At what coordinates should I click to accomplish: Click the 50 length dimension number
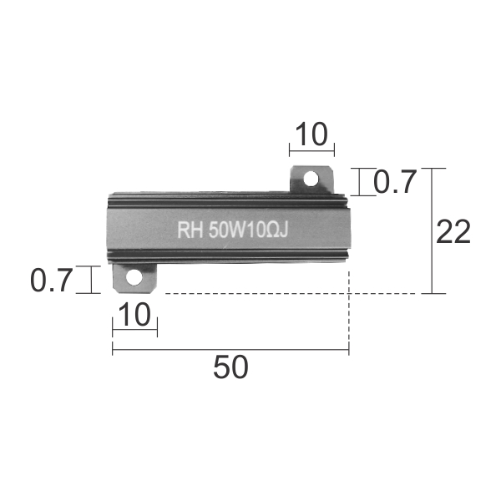(230, 367)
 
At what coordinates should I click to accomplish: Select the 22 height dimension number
(453, 231)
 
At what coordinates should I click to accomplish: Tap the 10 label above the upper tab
(311, 134)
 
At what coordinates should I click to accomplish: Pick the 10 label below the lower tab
(134, 315)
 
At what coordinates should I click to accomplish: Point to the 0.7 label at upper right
(395, 182)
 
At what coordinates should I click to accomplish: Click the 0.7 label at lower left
(52, 281)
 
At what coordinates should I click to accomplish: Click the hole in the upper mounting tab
(311, 179)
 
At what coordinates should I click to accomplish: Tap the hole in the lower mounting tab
(134, 277)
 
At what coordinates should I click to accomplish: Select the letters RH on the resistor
(190, 230)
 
